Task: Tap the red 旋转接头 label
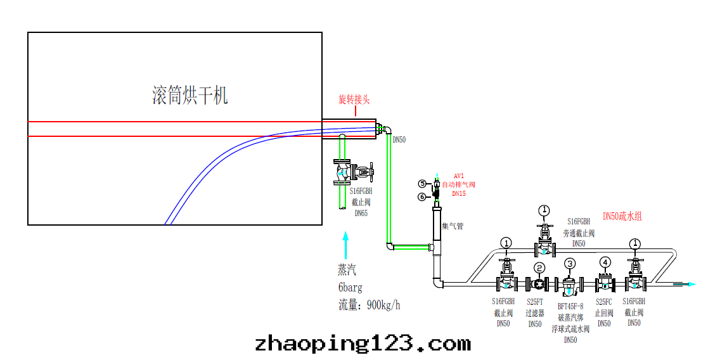tap(354, 100)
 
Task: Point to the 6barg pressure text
tap(350, 287)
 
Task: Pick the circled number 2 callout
tap(539, 267)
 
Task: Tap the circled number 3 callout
tap(570, 263)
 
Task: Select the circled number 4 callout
tap(605, 262)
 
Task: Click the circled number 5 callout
tap(422, 184)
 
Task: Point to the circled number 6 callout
tap(422, 196)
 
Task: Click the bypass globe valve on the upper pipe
tap(544, 241)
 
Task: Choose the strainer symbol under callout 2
tap(539, 285)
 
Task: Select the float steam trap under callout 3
tap(570, 286)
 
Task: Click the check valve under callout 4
tap(605, 283)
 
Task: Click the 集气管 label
tap(452, 226)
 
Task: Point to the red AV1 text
tap(459, 176)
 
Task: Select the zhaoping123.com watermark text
tap(363, 344)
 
